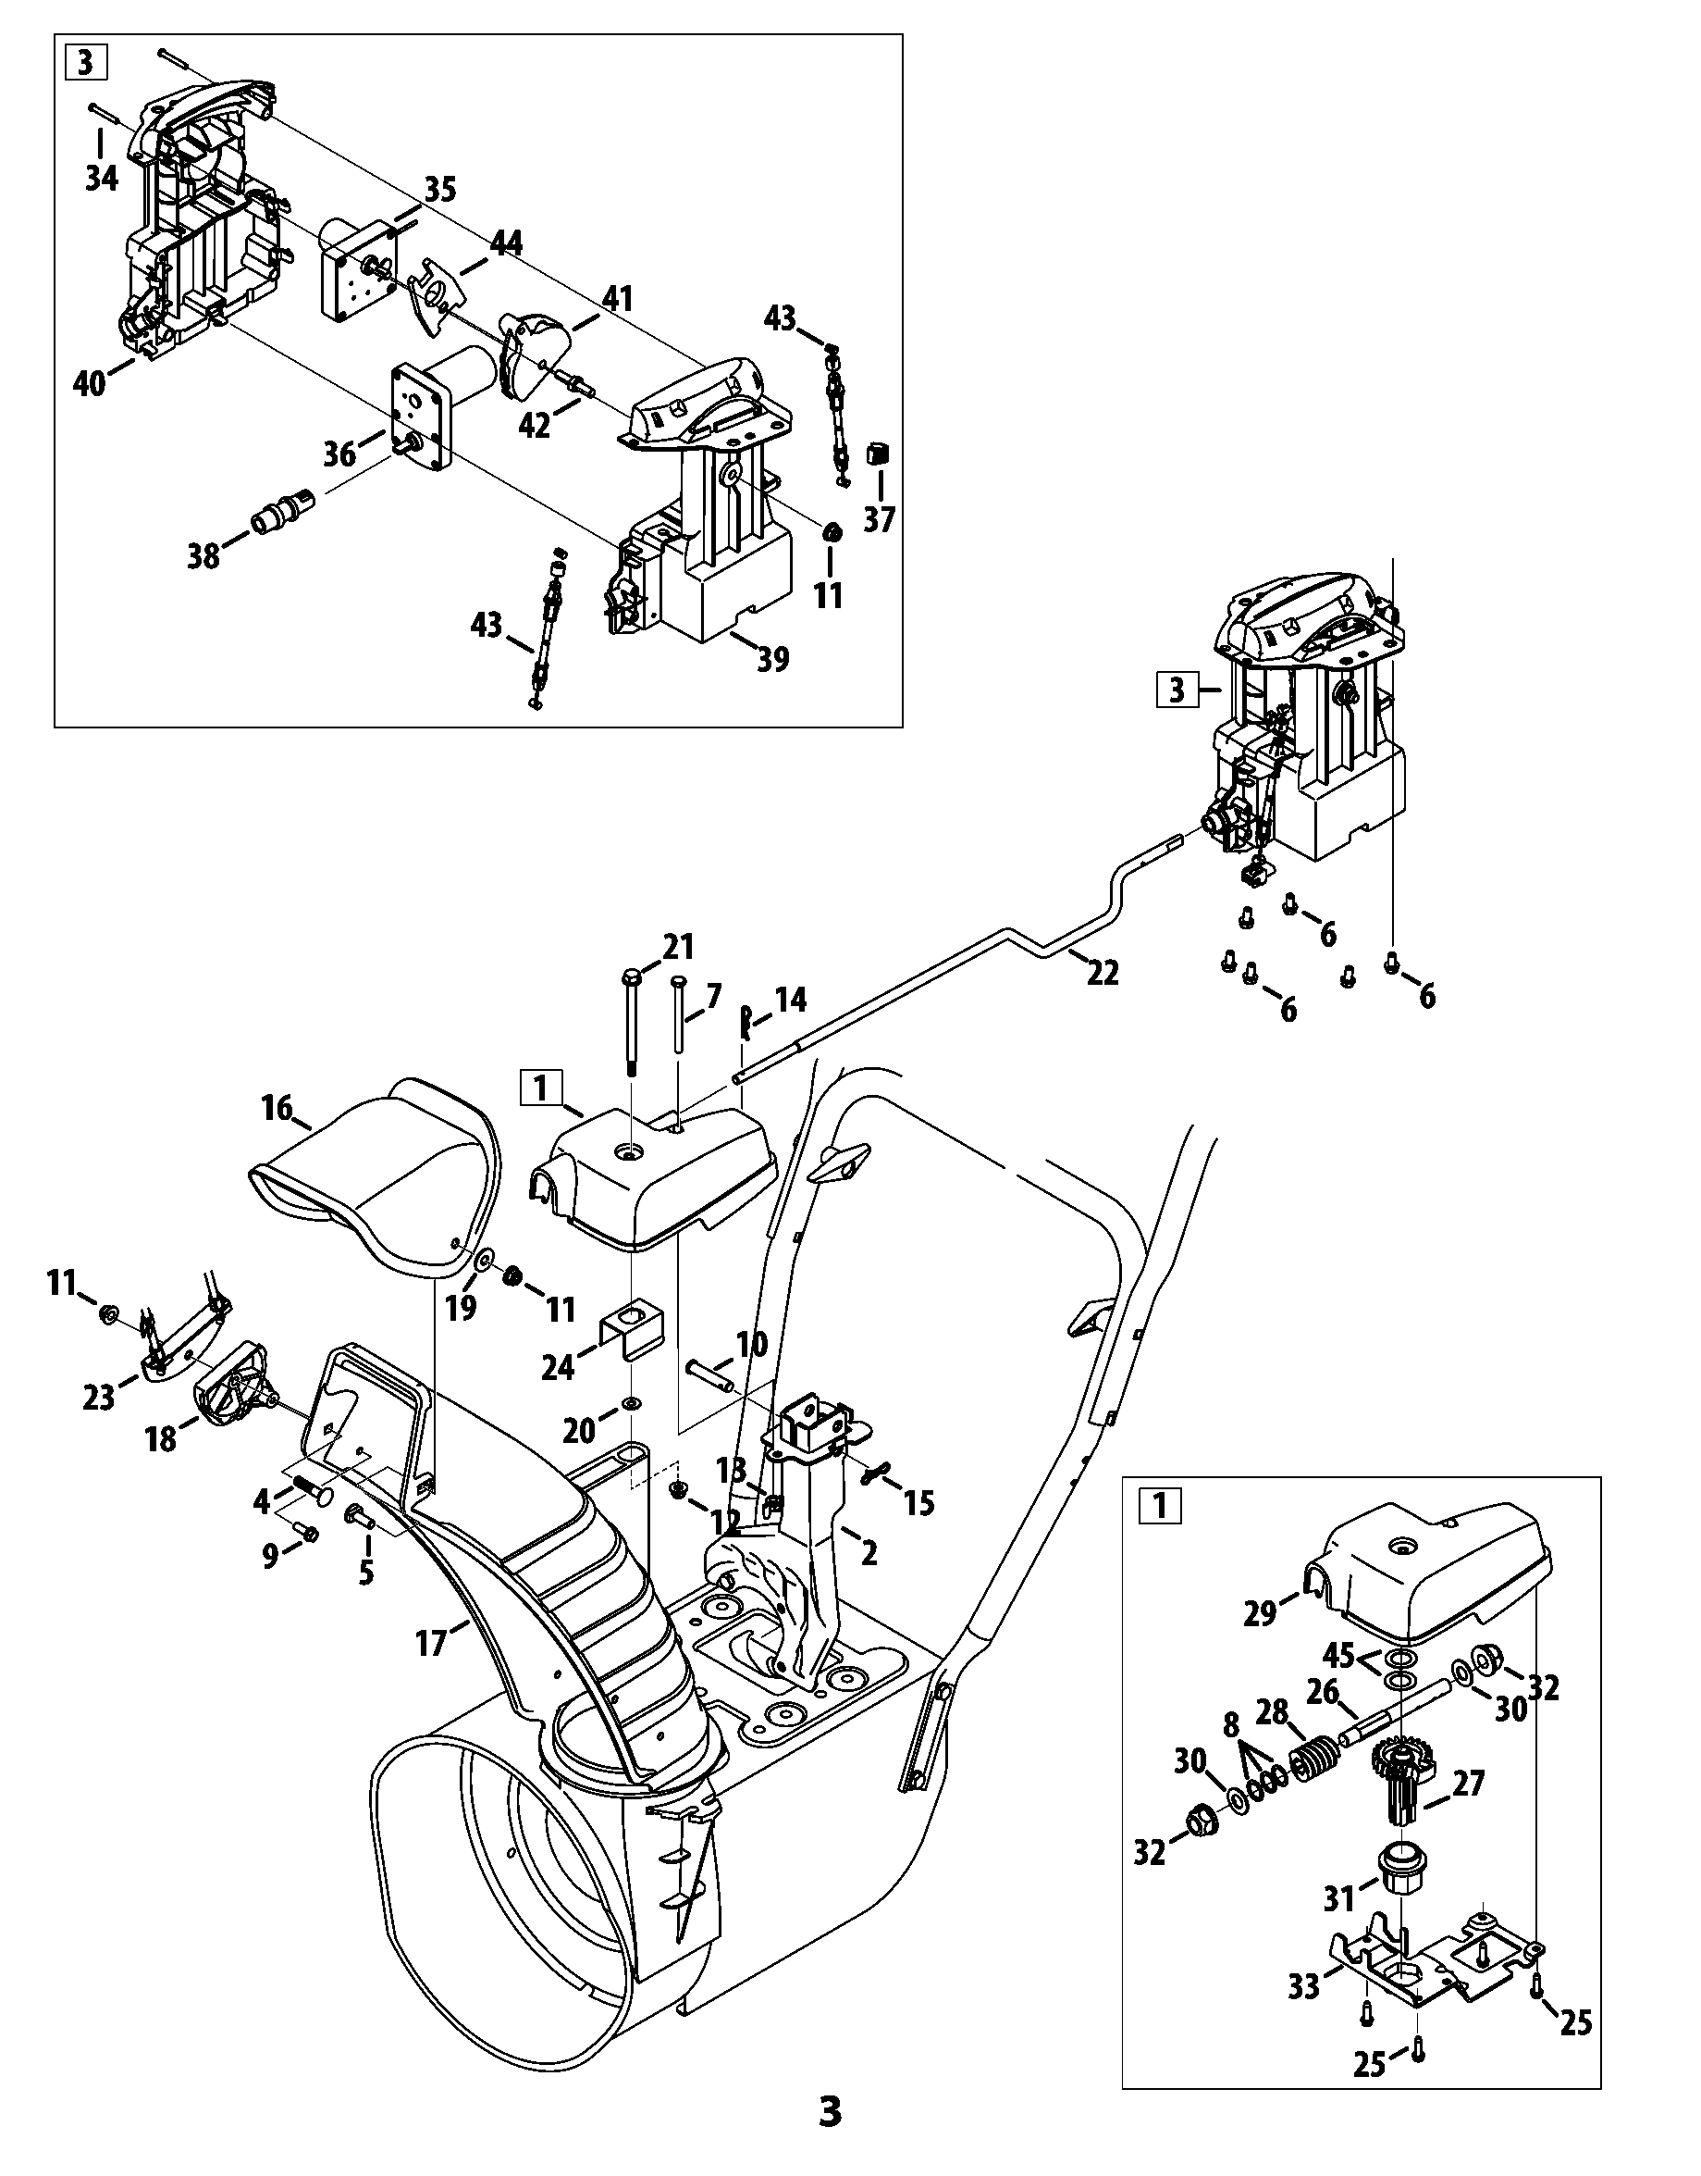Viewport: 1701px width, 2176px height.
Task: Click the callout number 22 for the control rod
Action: pos(1103,973)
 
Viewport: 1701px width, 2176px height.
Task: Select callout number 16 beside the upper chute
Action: pos(277,1108)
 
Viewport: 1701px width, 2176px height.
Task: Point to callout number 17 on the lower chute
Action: pos(431,1643)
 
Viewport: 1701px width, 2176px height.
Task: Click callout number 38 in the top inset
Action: pos(203,556)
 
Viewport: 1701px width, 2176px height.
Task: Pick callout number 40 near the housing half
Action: pos(90,382)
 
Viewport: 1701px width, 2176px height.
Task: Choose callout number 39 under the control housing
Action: pos(774,659)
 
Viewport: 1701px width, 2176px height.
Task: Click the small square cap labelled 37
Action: pos(879,455)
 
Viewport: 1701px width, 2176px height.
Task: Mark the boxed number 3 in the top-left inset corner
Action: pos(86,63)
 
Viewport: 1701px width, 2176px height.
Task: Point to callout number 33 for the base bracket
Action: pos(1303,1958)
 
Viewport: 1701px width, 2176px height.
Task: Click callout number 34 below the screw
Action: pos(102,179)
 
